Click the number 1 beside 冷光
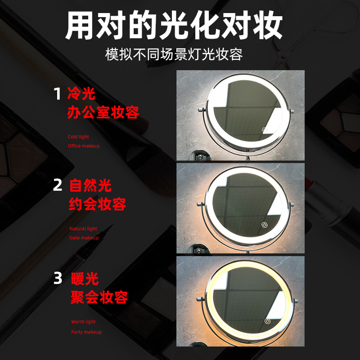[x=57, y=94]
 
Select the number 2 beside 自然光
[x=58, y=185]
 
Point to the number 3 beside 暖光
[x=58, y=278]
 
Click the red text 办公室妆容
[x=103, y=112]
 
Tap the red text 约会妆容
[x=97, y=204]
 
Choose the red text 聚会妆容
[x=99, y=297]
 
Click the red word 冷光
[x=81, y=94]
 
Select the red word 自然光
[x=90, y=185]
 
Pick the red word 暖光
[x=85, y=279]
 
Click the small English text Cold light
[x=78, y=136]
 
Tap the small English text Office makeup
[x=84, y=146]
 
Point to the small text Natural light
[x=83, y=229]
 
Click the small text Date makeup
[x=84, y=238]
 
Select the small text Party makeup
[x=86, y=332]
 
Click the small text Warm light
[x=83, y=322]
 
